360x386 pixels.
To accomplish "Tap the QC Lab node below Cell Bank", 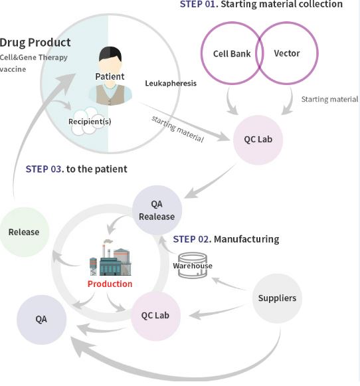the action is point(258,140).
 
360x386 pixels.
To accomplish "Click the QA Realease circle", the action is point(157,210).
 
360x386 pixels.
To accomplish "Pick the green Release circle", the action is point(24,232).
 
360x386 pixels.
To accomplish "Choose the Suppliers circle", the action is point(277,298).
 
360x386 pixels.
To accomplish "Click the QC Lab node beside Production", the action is point(155,316).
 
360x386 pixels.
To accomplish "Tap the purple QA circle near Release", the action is point(41,320).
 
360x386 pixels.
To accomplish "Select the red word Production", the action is point(110,284).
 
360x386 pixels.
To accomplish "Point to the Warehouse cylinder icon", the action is point(193,265).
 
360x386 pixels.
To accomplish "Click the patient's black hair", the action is point(110,53).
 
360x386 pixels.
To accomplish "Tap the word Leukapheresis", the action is point(171,83).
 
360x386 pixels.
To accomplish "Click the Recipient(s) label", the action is point(90,122).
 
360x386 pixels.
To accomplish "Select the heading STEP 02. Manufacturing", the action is point(226,239).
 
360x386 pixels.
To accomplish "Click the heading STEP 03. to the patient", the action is point(76,169).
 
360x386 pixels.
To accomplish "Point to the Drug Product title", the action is point(35,43).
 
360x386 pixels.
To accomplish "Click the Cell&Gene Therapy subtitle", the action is point(33,57).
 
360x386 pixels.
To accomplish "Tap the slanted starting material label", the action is point(177,129).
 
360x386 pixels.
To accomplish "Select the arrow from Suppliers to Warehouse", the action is point(228,284).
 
